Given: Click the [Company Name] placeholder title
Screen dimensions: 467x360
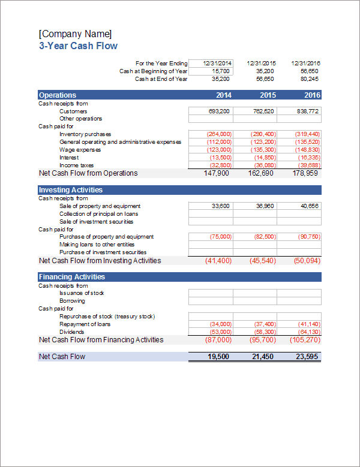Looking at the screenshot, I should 75,34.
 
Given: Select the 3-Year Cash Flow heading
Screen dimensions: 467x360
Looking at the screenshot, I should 78,46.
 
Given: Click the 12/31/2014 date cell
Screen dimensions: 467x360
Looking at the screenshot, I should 211,63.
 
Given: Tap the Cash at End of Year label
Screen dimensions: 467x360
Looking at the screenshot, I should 161,79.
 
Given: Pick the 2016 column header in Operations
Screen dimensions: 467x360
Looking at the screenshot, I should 312,95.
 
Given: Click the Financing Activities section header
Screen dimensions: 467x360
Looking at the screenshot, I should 71,277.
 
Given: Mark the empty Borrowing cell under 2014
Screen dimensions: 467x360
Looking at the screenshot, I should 211,301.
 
